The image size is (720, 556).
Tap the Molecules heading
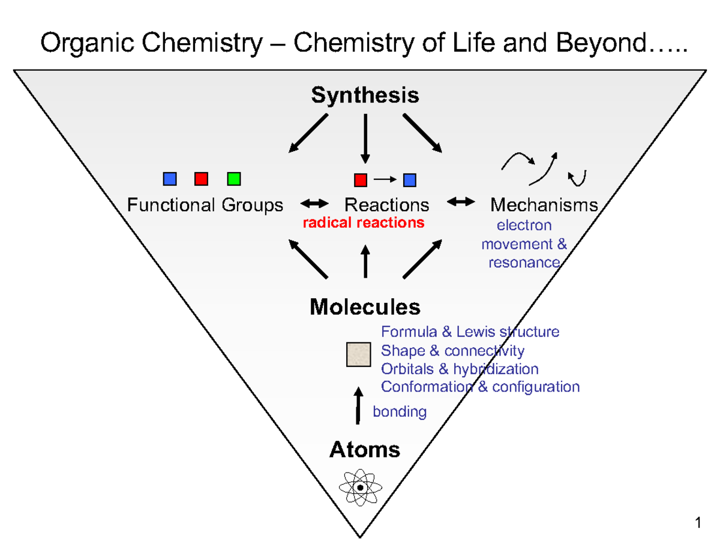click(365, 307)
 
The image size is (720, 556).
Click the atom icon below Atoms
click(360, 487)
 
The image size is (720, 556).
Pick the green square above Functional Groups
click(234, 178)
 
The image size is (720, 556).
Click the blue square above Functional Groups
click(170, 178)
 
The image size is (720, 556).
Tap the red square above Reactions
click(361, 179)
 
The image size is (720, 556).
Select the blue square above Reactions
click(410, 179)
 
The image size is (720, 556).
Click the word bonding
click(400, 412)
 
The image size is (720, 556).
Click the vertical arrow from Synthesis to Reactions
click(365, 138)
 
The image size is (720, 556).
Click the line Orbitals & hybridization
click(460, 368)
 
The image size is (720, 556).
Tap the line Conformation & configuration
click(480, 387)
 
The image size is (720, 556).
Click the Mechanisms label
click(544, 205)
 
